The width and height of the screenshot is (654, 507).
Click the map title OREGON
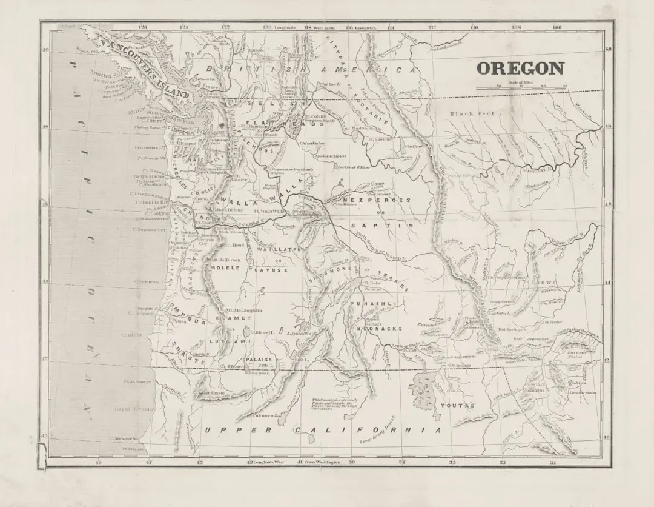[x=520, y=69]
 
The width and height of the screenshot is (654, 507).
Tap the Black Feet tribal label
[x=472, y=113]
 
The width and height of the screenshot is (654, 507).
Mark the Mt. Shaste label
[x=214, y=393]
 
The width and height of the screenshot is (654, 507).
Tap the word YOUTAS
[x=457, y=405]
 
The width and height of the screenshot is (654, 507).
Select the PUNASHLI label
[x=379, y=303]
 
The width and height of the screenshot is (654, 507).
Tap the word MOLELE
[x=225, y=267]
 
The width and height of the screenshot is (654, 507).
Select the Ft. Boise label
[x=372, y=283]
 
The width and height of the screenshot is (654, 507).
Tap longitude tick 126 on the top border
[x=143, y=27]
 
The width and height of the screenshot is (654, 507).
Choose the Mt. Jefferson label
[x=227, y=260]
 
